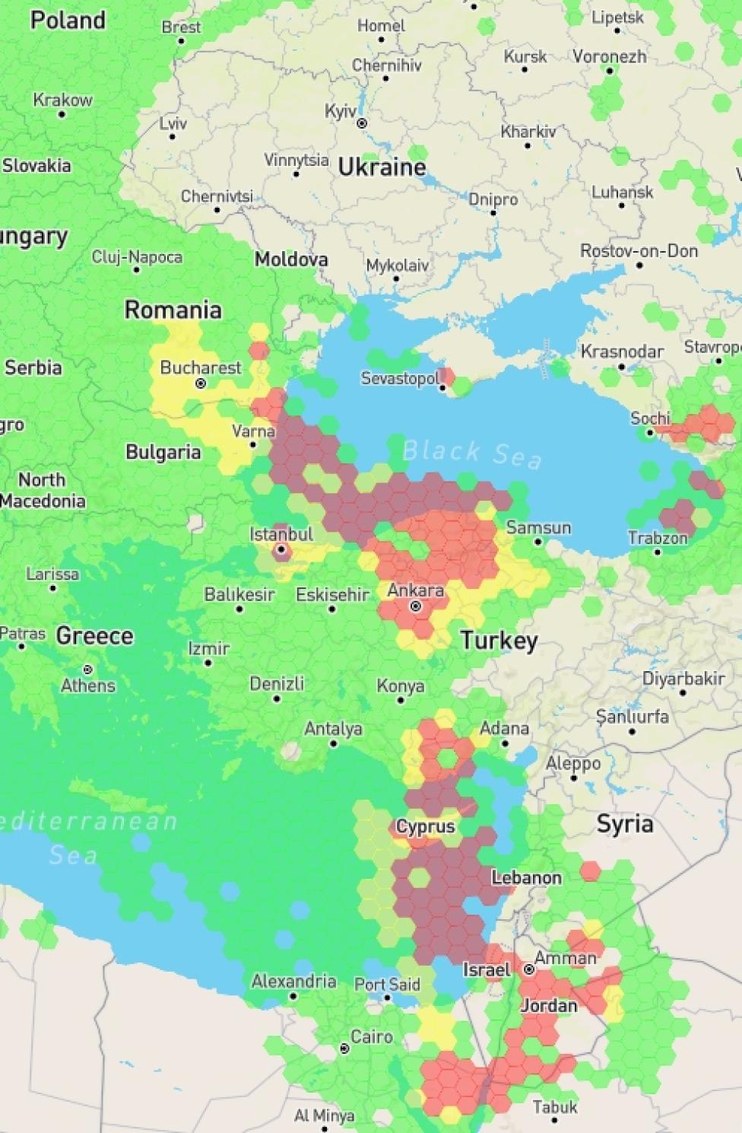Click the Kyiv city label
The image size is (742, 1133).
(x=340, y=112)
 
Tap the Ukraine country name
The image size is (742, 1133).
(x=382, y=167)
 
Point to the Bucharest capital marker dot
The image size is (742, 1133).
(x=201, y=384)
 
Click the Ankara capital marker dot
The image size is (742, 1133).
(x=416, y=606)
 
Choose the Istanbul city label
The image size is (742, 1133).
(x=281, y=534)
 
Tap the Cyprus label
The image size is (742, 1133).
(x=425, y=826)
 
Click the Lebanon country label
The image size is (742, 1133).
(x=526, y=877)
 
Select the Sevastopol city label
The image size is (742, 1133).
(x=400, y=378)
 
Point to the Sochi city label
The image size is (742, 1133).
(x=650, y=418)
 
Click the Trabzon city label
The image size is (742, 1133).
(x=658, y=538)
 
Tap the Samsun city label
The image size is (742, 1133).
(x=538, y=527)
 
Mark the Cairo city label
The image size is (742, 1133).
(x=371, y=1036)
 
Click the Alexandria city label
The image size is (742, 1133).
(x=293, y=981)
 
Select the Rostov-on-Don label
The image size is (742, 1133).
(x=639, y=250)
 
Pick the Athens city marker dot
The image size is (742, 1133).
(x=88, y=670)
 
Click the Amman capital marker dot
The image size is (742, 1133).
(x=529, y=969)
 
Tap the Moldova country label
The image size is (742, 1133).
(x=291, y=259)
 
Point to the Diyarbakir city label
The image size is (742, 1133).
(x=683, y=678)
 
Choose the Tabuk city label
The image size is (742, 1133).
(x=554, y=1107)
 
